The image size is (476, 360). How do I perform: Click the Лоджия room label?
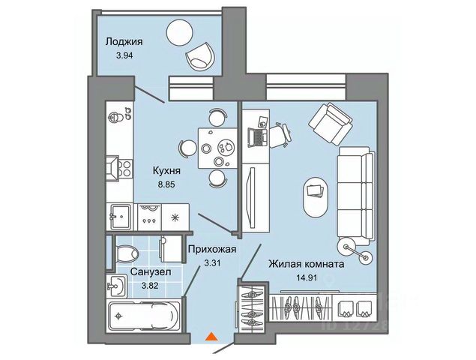124,42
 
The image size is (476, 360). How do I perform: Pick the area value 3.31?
214,263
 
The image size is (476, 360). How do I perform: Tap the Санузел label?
149,271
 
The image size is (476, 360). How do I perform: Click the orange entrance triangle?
213,337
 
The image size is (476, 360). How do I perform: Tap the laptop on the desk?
256,136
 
